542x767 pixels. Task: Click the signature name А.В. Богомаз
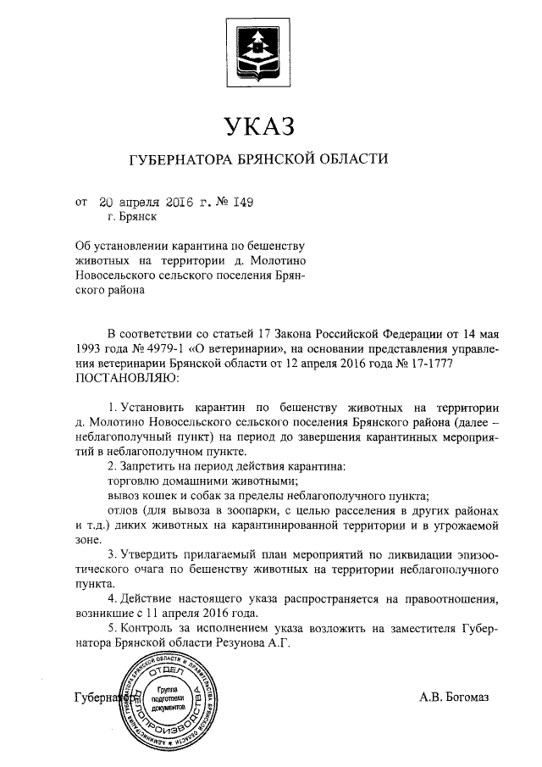(x=455, y=698)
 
